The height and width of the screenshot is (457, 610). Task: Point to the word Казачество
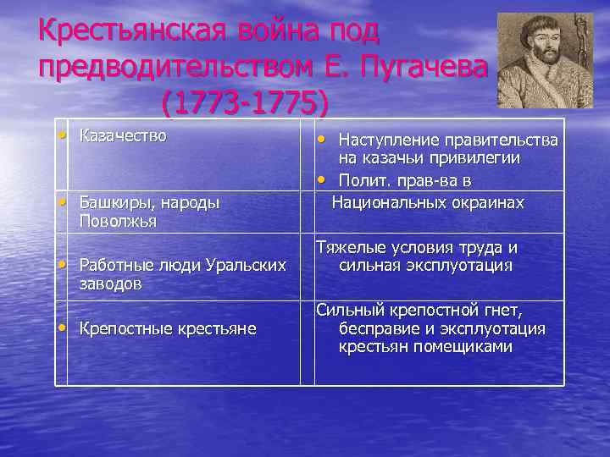(x=123, y=135)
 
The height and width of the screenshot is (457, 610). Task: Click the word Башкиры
(x=112, y=203)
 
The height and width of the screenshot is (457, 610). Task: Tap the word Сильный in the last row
(x=347, y=310)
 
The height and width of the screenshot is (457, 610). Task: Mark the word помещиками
(x=463, y=347)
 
